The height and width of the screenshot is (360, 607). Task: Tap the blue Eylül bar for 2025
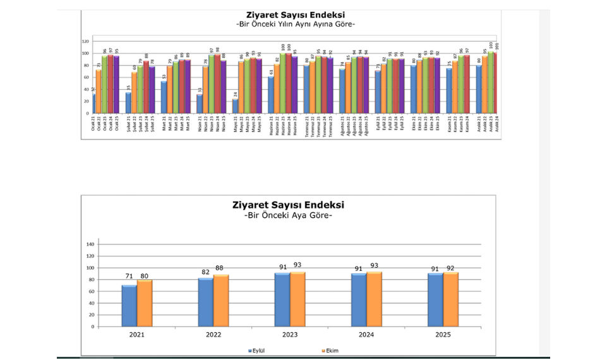click(435, 299)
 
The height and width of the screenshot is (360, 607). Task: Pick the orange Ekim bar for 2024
click(374, 299)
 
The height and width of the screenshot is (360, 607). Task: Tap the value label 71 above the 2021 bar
click(129, 276)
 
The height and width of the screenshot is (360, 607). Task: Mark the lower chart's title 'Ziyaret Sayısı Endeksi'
click(288, 205)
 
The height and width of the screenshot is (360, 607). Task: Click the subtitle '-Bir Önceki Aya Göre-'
click(288, 216)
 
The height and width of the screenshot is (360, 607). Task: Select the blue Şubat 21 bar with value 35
click(128, 103)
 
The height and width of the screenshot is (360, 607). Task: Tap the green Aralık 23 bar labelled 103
click(491, 83)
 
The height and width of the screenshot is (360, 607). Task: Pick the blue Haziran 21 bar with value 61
click(271, 95)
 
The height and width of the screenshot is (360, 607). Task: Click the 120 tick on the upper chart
click(85, 41)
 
